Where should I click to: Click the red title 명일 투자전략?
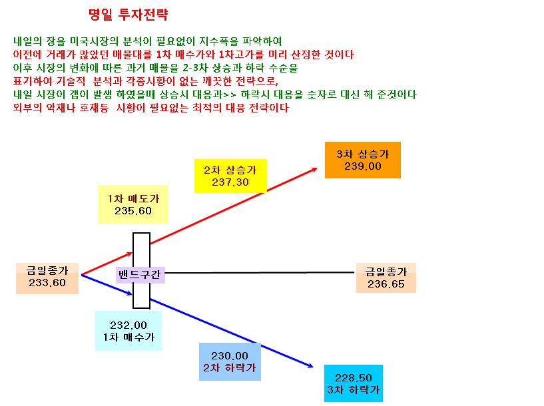[129, 15]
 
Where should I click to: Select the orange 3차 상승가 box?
[362, 160]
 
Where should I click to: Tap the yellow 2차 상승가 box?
[230, 176]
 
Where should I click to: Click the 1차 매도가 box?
[133, 204]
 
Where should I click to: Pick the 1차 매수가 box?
[129, 331]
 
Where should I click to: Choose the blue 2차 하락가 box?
[230, 361]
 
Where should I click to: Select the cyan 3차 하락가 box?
[353, 383]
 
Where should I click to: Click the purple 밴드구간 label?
[140, 275]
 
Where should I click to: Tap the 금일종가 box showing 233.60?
[47, 278]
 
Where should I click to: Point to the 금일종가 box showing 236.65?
[386, 278]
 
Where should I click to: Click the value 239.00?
[362, 166]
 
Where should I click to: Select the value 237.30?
[230, 182]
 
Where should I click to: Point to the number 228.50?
[353, 377]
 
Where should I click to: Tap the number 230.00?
[230, 356]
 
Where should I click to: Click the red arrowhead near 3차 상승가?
[314, 169]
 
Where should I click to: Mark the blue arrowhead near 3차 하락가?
[310, 365]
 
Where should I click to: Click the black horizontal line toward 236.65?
[260, 272]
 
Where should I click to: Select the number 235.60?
[133, 211]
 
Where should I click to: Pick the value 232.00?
[129, 325]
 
